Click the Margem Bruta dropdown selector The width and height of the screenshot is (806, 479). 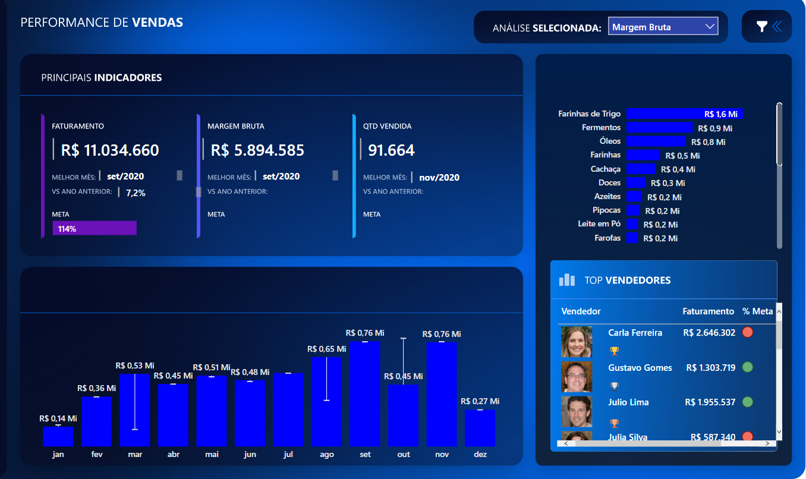(663, 27)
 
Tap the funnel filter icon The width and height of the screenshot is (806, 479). (761, 26)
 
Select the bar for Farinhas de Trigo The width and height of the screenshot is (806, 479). (684, 114)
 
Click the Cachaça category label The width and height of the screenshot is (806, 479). (605, 169)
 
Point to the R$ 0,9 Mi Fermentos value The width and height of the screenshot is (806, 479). (715, 128)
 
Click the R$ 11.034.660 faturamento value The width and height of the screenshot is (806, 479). (110, 150)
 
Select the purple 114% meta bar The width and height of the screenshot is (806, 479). (95, 228)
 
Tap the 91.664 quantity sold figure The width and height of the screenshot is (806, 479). (391, 150)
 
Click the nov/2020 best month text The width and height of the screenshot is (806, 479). (439, 177)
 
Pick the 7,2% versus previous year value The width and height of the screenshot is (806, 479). (136, 193)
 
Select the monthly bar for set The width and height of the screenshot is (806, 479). (365, 393)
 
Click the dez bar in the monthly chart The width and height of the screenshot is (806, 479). (480, 428)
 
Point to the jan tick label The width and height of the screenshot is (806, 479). (58, 455)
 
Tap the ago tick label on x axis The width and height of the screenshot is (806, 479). (326, 455)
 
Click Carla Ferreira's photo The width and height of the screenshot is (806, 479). (577, 341)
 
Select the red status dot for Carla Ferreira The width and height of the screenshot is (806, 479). (748, 332)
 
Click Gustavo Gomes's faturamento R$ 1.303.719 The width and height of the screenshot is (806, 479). (710, 368)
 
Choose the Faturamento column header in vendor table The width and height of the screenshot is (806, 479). (708, 311)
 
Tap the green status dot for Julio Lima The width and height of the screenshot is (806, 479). (748, 402)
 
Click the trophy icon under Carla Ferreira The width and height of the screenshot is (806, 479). (614, 351)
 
